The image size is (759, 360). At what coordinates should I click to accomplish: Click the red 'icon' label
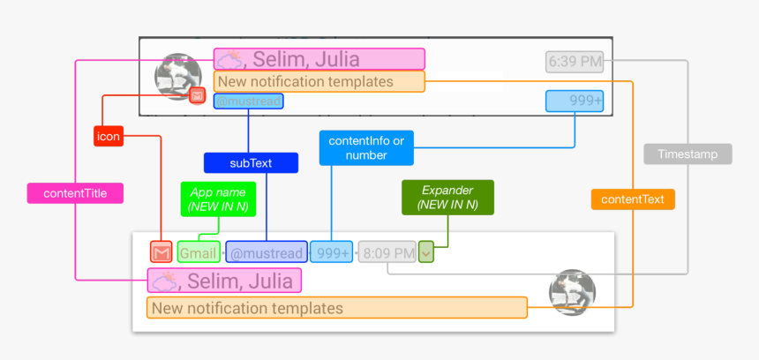[109, 137]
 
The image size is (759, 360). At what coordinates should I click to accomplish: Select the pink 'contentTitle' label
[76, 194]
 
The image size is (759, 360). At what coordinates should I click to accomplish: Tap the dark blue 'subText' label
[251, 163]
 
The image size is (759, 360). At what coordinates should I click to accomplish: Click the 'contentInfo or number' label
[366, 147]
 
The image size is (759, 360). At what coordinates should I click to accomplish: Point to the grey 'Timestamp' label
[688, 154]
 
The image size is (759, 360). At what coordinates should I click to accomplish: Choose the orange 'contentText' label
[633, 199]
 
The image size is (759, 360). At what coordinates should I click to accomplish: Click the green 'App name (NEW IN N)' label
[218, 199]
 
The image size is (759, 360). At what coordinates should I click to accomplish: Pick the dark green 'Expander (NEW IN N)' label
[447, 198]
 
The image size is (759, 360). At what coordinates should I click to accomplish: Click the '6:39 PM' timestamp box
[575, 62]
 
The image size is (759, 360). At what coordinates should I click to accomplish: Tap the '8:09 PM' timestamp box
[387, 253]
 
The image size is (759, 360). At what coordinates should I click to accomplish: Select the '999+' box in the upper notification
[575, 101]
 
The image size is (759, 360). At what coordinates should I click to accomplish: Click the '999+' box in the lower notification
[332, 253]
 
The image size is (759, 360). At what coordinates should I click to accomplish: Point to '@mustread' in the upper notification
[249, 101]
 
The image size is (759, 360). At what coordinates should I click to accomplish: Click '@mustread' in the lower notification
[267, 253]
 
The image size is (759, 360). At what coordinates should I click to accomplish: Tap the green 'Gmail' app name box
[199, 253]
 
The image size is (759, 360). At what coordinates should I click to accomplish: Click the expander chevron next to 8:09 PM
[426, 252]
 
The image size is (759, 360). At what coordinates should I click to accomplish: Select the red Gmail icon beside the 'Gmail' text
[161, 252]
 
